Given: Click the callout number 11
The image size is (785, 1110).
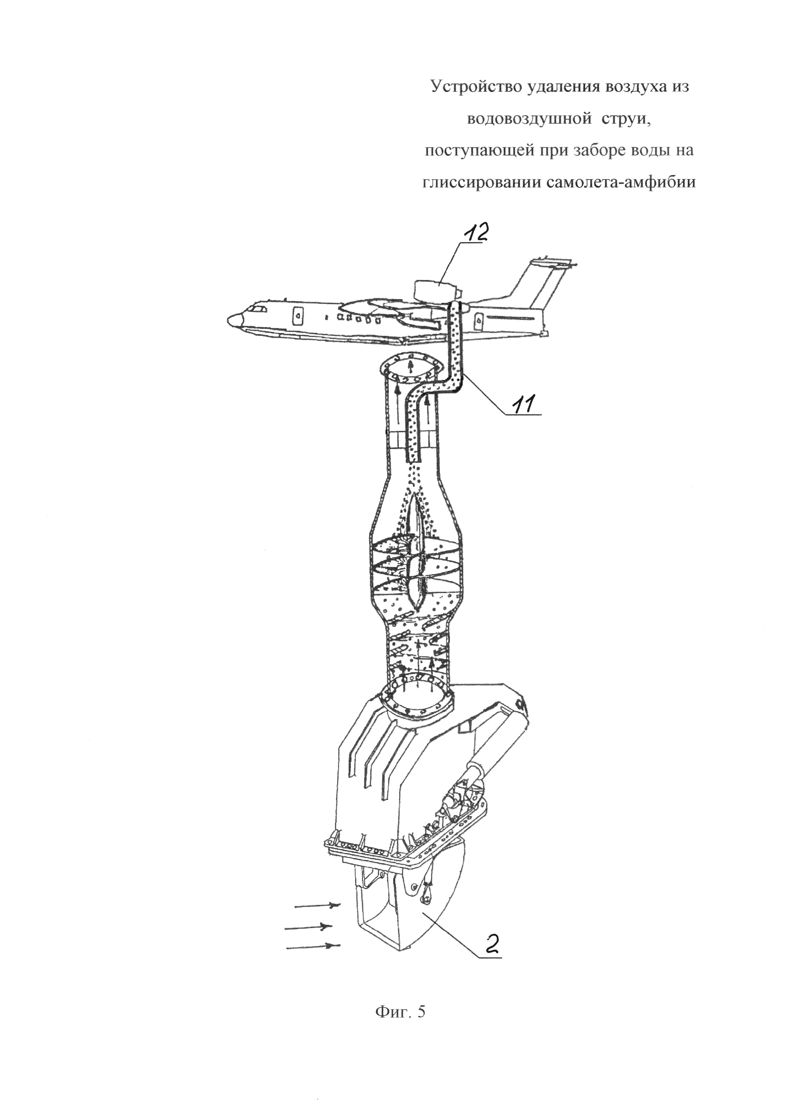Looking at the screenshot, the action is point(525,403).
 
